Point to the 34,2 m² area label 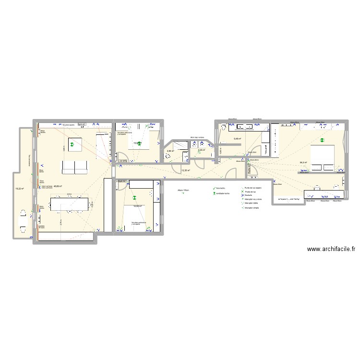point(303,163)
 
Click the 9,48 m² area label point(237,139)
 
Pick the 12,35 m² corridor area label point(186,170)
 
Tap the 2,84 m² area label point(169,152)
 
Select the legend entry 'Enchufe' point(249,195)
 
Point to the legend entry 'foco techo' point(220,188)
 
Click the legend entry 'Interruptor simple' point(252,208)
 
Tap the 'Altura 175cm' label point(183,191)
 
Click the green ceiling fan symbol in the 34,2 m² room point(322,141)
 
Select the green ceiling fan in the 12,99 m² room point(134,197)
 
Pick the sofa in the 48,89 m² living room point(75,167)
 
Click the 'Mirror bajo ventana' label point(197,137)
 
